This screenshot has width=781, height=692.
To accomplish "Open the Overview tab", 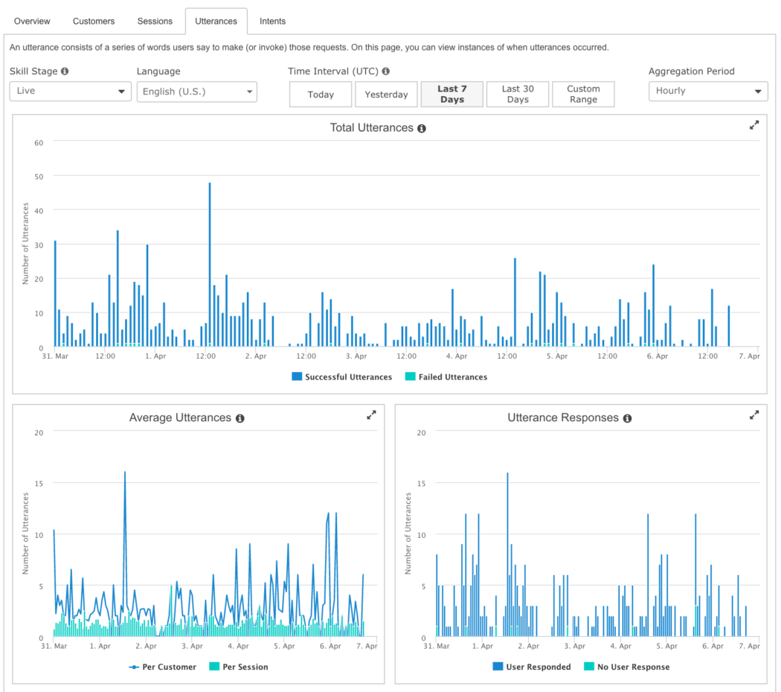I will tap(32, 21).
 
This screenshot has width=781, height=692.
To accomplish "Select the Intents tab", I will tap(272, 21).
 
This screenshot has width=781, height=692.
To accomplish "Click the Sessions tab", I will tap(155, 21).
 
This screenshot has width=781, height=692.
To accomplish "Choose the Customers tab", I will tap(94, 21).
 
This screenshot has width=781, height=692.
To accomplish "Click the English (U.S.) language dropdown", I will tap(196, 92).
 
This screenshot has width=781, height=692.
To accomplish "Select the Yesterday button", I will tap(386, 94).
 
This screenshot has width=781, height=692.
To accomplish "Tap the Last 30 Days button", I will tap(518, 94).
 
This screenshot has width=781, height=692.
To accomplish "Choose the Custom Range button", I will tap(583, 94).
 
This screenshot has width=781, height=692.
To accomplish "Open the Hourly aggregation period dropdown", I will tap(707, 91).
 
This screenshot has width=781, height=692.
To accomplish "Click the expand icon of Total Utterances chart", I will tap(754, 126).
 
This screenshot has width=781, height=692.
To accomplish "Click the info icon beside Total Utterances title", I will tap(422, 129).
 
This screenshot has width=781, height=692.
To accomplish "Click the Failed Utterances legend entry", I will tap(446, 377).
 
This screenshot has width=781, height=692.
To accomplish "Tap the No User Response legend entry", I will tap(626, 667).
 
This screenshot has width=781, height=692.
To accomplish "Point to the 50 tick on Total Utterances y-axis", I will tap(39, 176).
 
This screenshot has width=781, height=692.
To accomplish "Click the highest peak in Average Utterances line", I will tap(124, 472).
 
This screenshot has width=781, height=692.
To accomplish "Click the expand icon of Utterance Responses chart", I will tap(754, 415).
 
